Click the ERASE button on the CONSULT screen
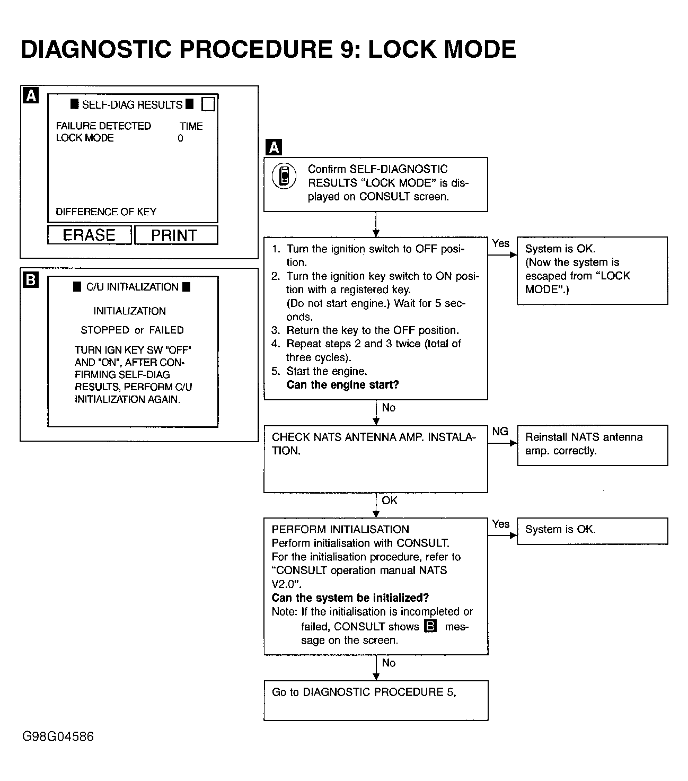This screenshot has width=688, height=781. pos(89,235)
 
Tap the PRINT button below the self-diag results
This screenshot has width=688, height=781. pos(175,235)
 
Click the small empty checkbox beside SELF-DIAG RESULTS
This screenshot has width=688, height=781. pos(208,104)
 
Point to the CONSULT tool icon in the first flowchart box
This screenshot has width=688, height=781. pos(285,177)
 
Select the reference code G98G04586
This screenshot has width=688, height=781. pos(58,736)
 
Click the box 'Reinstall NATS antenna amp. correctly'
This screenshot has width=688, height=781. pos(592,444)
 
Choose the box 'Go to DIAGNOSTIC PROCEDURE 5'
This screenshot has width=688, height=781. pos(375,700)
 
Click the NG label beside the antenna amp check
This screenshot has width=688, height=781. pos(500,432)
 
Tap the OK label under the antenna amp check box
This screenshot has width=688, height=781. pos(390,501)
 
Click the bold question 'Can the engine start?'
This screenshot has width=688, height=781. pos(342,385)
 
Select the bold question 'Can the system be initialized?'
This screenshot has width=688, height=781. pos(350,598)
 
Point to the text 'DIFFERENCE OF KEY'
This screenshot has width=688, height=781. pos(106,212)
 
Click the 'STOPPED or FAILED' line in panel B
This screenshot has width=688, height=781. pos(132,330)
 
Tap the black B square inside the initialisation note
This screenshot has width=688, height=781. pos(430,626)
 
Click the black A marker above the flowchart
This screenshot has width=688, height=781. pos(274,147)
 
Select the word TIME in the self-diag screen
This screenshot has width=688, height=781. pos(191,126)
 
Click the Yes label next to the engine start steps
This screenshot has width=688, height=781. pos(500,243)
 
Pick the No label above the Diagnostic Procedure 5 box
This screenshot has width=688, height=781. pos(389,663)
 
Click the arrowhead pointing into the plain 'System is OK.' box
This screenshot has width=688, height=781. pos(513,536)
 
